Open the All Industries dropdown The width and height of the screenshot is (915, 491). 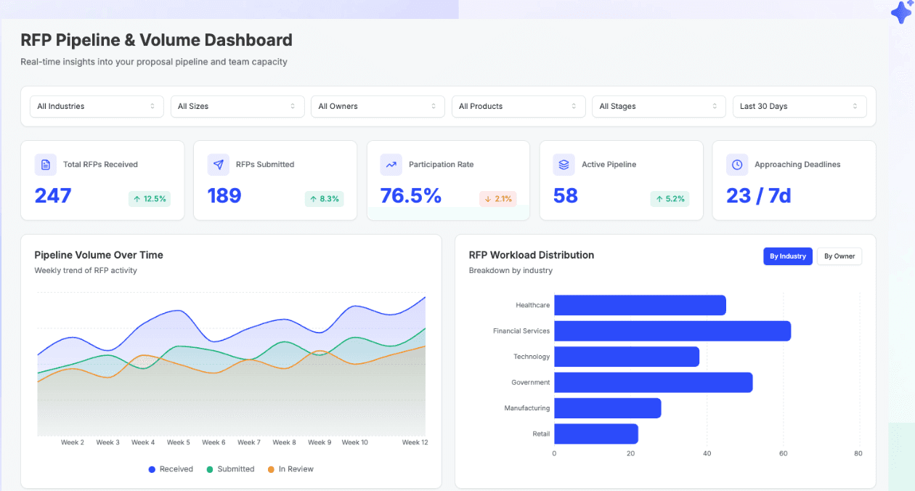click(96, 106)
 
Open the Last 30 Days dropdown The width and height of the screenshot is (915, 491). click(799, 106)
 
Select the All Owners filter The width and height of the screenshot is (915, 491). click(377, 106)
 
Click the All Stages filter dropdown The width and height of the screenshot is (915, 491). click(658, 106)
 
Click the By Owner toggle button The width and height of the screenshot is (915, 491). click(839, 256)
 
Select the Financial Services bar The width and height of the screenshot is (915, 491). click(672, 331)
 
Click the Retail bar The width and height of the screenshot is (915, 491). click(595, 434)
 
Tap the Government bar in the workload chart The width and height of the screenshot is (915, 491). click(653, 383)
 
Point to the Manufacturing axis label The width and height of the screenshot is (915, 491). click(527, 408)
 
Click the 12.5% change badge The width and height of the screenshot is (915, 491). click(150, 198)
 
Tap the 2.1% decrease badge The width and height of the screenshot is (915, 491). click(498, 198)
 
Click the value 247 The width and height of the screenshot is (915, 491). click(53, 195)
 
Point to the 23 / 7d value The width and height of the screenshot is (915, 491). click(758, 195)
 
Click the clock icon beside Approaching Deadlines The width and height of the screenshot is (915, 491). click(737, 165)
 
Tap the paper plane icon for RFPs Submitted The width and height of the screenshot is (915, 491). click(219, 165)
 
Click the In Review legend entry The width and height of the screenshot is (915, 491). click(290, 469)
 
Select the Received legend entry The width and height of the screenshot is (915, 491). click(171, 469)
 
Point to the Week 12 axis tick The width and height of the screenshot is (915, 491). click(415, 442)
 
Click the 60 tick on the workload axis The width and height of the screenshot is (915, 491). click(783, 453)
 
